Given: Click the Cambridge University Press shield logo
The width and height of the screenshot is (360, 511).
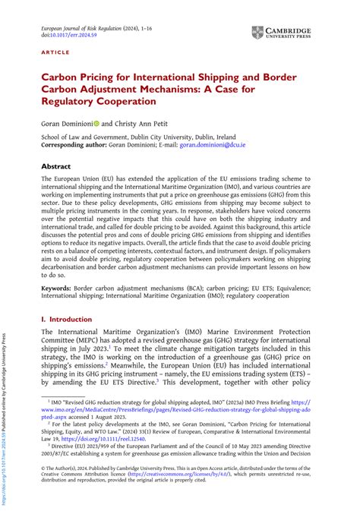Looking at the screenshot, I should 259,33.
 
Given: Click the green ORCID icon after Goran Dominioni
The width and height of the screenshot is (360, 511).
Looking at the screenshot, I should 94,122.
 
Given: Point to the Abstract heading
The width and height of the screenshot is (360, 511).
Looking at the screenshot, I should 56,166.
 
